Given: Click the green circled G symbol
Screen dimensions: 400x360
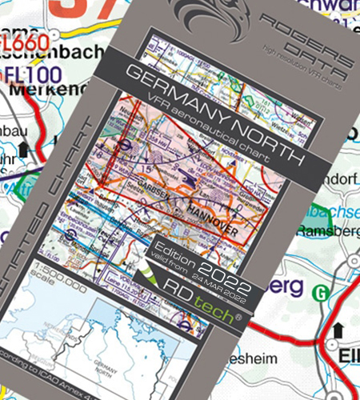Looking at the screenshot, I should (322, 293).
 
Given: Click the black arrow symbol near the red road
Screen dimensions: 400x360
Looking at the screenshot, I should (338, 328).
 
